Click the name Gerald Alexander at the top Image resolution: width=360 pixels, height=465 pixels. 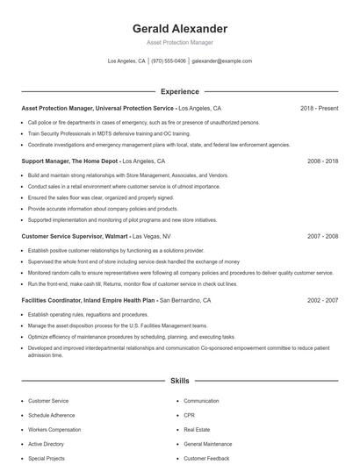[179, 29]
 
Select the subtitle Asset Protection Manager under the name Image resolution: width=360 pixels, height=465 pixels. [179, 42]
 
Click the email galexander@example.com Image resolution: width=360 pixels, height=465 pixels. [222, 61]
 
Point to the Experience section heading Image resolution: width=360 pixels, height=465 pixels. [179, 91]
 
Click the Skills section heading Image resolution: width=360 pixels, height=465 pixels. [179, 382]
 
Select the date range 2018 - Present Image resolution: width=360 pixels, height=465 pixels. [319, 109]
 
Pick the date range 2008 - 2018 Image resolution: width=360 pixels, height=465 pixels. [322, 161]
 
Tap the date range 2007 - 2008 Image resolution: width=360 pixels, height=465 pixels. [322, 236]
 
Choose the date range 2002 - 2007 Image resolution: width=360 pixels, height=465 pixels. [322, 300]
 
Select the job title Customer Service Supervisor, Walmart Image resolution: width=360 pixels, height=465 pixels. [74, 236]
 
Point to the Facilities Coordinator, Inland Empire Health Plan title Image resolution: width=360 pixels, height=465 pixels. [88, 300]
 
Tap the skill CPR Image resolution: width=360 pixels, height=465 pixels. [189, 415]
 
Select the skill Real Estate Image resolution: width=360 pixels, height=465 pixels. [196, 430]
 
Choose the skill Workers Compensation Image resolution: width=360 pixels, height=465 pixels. [54, 430]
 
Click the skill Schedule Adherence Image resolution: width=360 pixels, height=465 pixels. [51, 415]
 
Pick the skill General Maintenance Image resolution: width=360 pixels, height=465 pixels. [207, 444]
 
